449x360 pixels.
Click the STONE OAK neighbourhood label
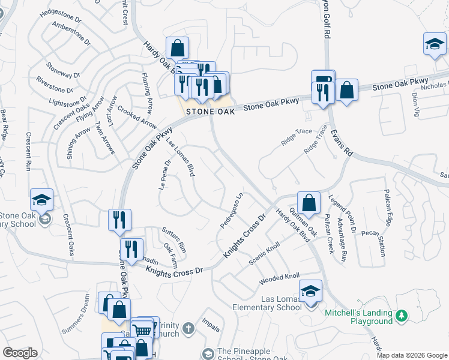point(209,112)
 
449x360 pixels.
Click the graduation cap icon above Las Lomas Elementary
point(310,292)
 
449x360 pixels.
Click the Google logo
point(20,353)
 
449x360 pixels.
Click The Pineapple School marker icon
point(208,354)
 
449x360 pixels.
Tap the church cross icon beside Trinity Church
point(188,328)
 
